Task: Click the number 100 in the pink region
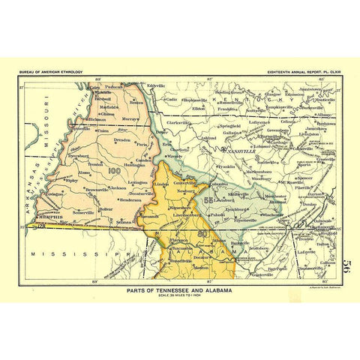pyautogui.click(x=114, y=172)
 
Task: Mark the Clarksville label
pyautogui.click(x=178, y=122)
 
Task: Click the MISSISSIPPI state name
pyautogui.click(x=75, y=255)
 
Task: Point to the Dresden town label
pyautogui.click(x=121, y=140)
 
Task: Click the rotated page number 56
pyautogui.click(x=347, y=266)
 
